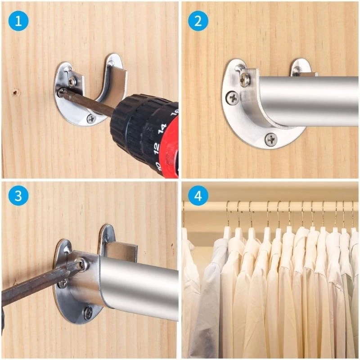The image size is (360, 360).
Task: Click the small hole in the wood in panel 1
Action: (16, 92)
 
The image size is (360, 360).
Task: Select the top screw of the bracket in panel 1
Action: (72, 81)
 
